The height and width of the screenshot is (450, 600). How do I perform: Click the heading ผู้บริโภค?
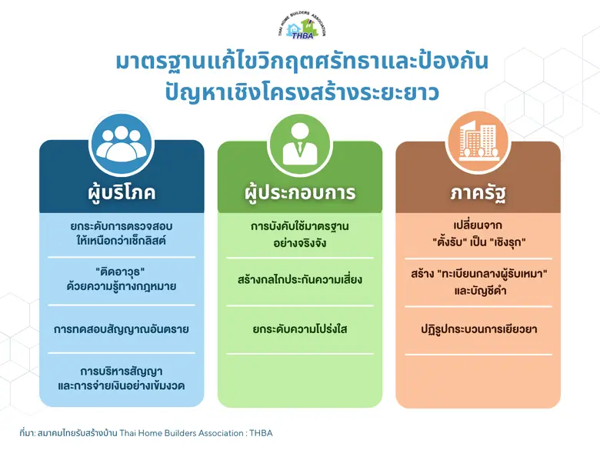click(x=122, y=192)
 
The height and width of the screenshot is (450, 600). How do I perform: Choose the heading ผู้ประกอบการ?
click(x=299, y=192)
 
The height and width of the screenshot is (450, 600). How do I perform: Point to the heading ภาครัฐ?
click(x=478, y=192)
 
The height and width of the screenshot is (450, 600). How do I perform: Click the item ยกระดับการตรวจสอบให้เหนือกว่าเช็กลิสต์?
click(x=122, y=234)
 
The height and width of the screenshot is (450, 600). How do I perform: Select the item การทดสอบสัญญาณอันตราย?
click(x=122, y=329)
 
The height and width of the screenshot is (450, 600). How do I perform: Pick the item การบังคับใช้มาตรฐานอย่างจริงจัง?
click(x=299, y=234)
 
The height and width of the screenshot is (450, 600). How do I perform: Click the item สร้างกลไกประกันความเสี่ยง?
click(x=299, y=280)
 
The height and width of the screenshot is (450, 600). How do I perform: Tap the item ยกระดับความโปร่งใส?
click(x=299, y=329)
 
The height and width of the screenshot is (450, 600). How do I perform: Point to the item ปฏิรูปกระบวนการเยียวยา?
click(x=478, y=329)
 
